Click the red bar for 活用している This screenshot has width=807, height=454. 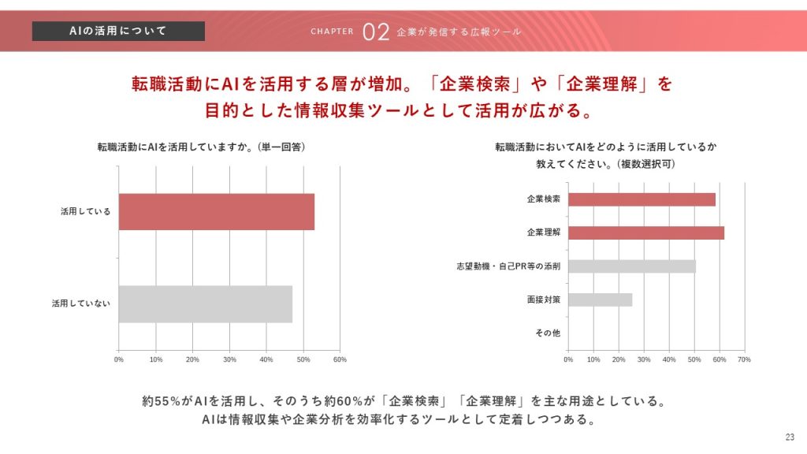click(217, 212)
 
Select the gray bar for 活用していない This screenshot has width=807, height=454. click(206, 303)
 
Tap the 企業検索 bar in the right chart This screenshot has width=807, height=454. click(642, 199)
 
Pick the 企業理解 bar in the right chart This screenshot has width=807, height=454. click(646, 233)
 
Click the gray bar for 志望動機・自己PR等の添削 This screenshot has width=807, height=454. click(632, 266)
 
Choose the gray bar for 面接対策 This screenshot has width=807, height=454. click(600, 300)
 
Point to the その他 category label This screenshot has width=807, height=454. click(548, 333)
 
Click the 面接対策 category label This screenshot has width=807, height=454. click(544, 300)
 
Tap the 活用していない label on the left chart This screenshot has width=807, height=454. click(81, 303)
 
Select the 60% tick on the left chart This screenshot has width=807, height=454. click(340, 360)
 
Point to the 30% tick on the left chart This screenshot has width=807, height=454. click(229, 360)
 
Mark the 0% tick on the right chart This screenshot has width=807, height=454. click(568, 360)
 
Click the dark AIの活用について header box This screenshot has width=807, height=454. click(118, 31)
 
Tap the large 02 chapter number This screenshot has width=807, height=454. click(377, 32)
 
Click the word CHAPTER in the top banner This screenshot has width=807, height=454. click(333, 32)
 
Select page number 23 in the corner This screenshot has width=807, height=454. click(790, 438)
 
